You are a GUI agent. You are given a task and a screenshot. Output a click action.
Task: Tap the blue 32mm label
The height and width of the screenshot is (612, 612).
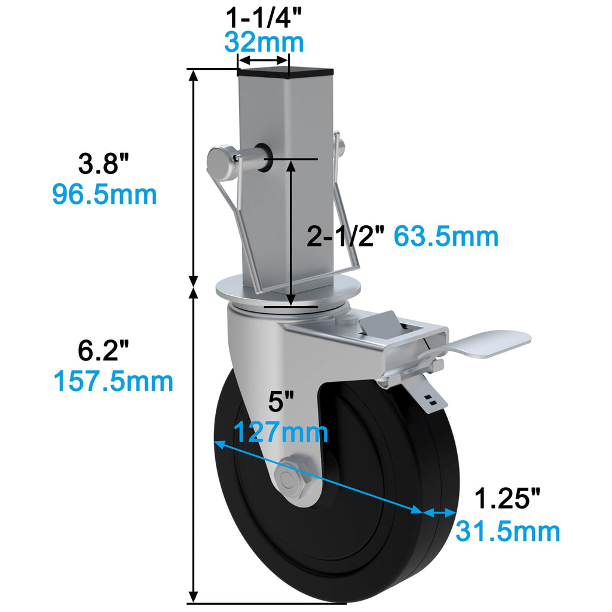point(264,42)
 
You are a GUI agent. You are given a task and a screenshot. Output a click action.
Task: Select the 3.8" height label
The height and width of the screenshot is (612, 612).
point(104,163)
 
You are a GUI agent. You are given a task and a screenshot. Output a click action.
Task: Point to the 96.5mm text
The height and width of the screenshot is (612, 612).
point(105,194)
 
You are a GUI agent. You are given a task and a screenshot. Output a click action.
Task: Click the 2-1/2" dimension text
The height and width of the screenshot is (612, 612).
point(345,237)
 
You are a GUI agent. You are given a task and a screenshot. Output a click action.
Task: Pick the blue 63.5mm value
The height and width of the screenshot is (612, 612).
point(446,237)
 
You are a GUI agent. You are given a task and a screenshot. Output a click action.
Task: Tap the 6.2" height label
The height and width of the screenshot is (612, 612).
point(103,350)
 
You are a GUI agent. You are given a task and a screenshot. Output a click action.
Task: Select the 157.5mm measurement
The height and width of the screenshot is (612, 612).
point(114,381)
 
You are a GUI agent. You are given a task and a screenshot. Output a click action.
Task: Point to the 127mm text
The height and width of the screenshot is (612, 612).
point(281,432)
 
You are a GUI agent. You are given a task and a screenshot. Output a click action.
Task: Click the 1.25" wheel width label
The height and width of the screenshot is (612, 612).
point(507,498)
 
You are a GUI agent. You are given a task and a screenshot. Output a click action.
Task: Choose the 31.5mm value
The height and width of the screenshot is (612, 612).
point(507,531)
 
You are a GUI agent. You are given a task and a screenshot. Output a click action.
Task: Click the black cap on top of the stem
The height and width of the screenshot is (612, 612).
point(285,72)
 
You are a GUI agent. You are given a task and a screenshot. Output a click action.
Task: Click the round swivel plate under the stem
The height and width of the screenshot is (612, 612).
point(289,291)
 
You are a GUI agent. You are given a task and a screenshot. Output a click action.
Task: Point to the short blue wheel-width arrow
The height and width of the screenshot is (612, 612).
point(439,513)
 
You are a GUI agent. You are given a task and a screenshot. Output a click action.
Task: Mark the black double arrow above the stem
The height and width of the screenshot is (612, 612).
point(264,60)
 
